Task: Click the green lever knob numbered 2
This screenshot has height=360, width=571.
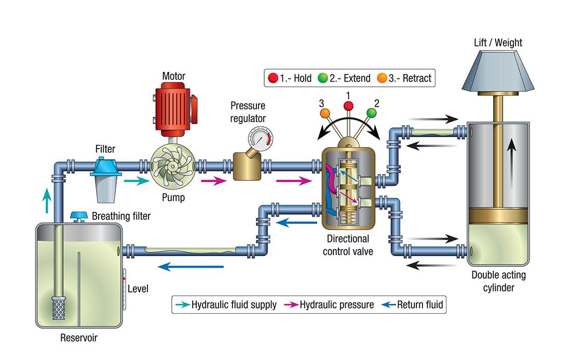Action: (x=371, y=113)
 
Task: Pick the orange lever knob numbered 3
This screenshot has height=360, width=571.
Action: (x=325, y=112)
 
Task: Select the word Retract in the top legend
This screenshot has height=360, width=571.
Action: (x=414, y=78)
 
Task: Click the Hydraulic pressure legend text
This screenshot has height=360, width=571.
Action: (x=336, y=304)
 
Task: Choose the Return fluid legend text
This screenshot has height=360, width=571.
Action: (x=420, y=304)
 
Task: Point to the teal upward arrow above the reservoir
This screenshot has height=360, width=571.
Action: (x=47, y=200)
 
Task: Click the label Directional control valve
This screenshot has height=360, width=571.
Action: (x=348, y=245)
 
